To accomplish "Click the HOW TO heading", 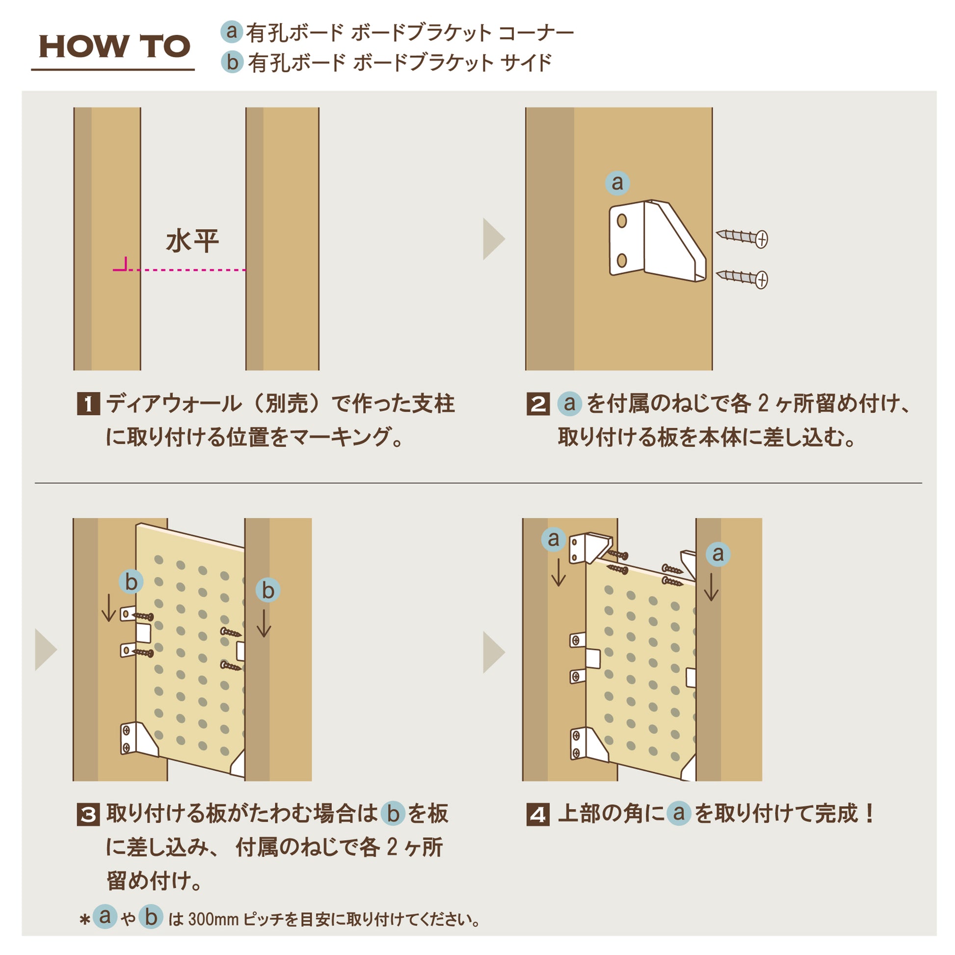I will click(x=114, y=47).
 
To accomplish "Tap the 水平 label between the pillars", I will click(x=192, y=241).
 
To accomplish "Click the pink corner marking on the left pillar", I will click(x=122, y=265).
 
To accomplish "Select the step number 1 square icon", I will click(x=88, y=404).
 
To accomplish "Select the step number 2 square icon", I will click(x=538, y=404).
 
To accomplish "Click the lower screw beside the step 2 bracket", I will click(x=742, y=278).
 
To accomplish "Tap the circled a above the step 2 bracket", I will click(x=617, y=183).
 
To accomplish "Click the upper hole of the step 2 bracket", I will click(x=622, y=221).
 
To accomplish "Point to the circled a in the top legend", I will click(x=231, y=31).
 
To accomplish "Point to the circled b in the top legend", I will click(x=232, y=63).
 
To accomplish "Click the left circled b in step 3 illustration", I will click(x=131, y=582).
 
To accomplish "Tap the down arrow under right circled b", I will click(x=264, y=623).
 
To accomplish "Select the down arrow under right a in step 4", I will click(x=711, y=587).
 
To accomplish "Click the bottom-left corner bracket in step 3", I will click(x=138, y=740).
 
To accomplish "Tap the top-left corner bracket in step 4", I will click(x=590, y=548).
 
